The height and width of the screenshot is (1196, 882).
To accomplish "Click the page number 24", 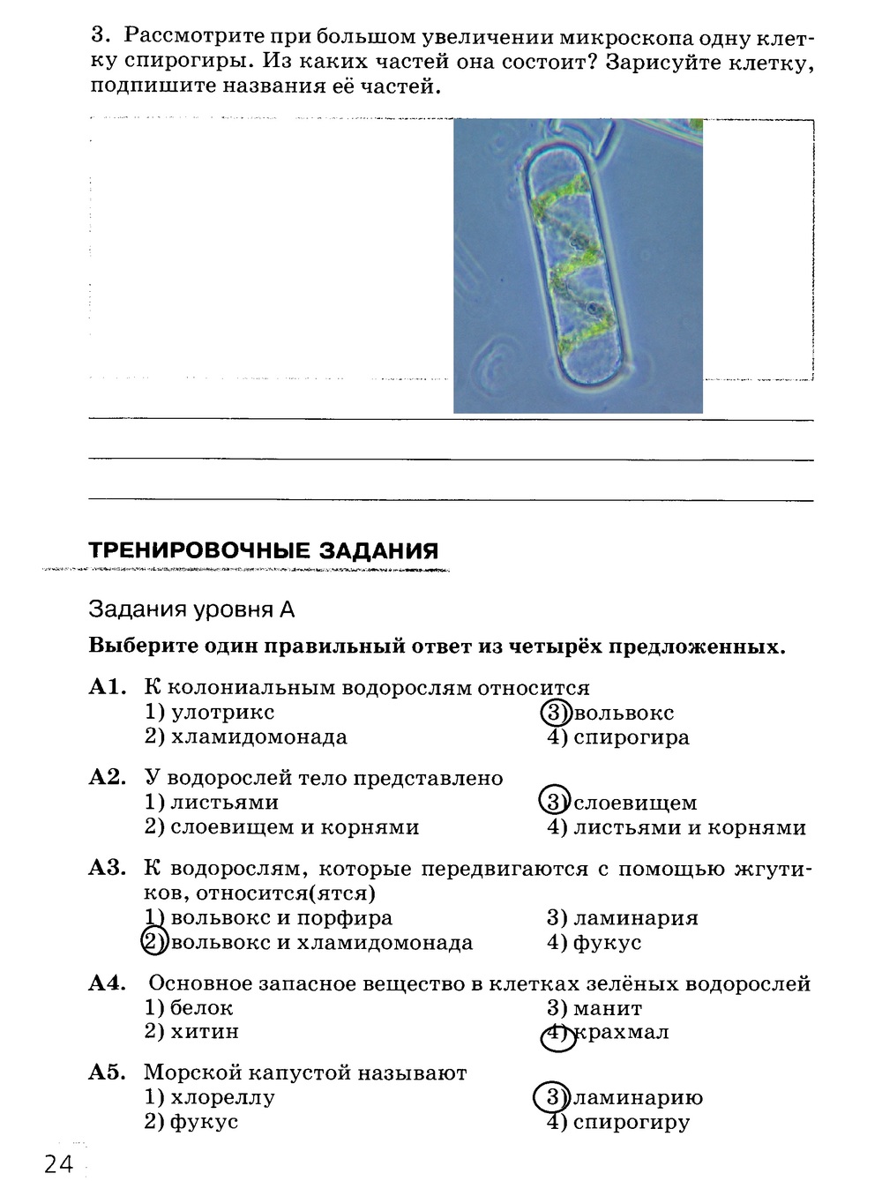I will point(58,1164).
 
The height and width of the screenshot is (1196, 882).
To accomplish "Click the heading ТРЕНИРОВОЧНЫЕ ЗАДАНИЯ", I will point(264,551).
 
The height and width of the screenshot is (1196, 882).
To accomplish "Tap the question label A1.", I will point(108,688).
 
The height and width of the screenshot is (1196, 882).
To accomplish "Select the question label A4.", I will point(108,983).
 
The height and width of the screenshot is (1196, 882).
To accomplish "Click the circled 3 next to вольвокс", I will point(555,713).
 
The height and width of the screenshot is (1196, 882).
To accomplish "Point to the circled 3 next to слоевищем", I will point(554,802).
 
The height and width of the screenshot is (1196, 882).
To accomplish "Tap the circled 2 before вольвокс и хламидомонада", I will point(153,942).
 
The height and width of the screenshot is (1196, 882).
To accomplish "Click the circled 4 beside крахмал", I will point(556,1035).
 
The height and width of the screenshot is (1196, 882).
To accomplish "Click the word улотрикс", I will point(222,712).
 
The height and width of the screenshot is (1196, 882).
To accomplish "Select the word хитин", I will point(205,1031).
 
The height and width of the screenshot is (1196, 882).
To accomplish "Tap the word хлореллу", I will point(222,1098).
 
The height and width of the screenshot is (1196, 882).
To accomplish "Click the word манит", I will point(607,1007).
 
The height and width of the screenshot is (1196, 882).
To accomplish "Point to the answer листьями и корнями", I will point(689,827).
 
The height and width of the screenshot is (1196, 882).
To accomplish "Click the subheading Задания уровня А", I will point(191,609).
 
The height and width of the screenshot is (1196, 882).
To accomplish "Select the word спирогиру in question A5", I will point(631,1122).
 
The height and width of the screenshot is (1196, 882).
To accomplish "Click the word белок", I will point(201,1007).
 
